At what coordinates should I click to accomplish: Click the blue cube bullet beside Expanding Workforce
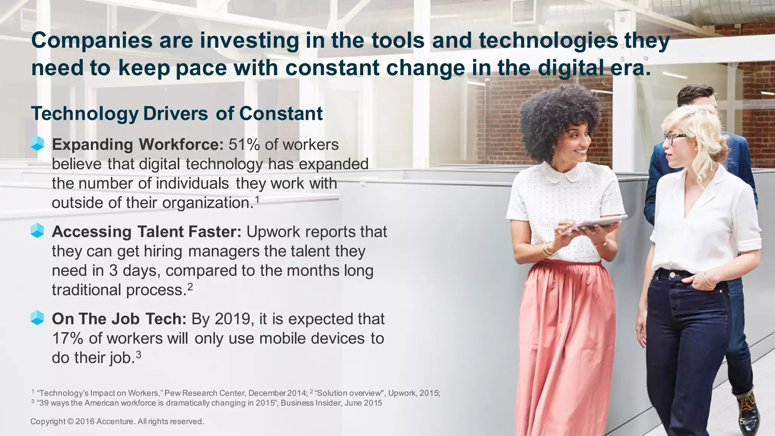click(x=37, y=144)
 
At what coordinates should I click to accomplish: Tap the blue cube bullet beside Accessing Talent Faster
click(x=37, y=230)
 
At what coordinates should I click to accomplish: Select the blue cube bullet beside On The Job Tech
click(x=37, y=318)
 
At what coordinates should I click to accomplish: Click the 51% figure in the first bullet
click(x=244, y=145)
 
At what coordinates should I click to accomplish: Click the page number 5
click(x=742, y=422)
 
